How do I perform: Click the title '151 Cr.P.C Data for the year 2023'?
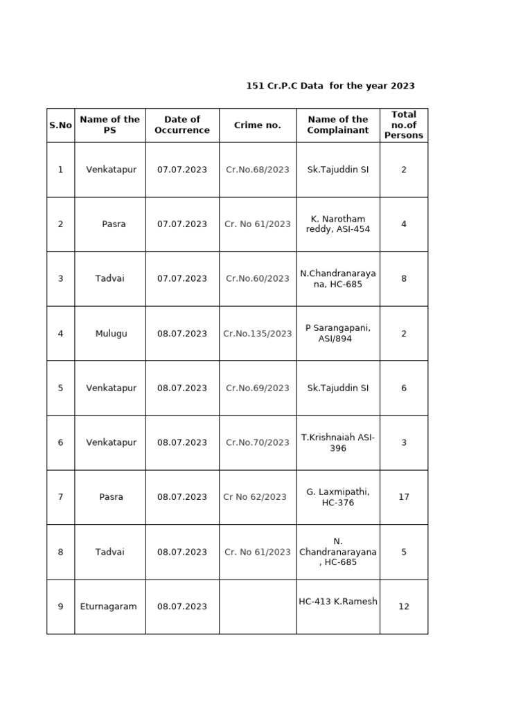[330, 86]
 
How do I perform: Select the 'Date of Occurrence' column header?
[182, 125]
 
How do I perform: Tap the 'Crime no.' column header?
[258, 125]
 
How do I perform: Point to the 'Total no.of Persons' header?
[404, 125]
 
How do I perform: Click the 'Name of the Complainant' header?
[338, 125]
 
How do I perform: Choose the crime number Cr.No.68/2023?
[258, 170]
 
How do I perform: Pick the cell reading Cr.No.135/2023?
[258, 334]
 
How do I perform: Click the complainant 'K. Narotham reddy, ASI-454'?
[338, 224]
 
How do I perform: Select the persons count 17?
[404, 497]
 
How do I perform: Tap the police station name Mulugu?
[110, 334]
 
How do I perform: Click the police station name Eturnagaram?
[110, 607]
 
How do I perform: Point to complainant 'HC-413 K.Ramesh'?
[338, 602]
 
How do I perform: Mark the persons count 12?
[404, 607]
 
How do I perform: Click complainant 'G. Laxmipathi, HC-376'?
[338, 497]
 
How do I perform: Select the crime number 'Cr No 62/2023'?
[255, 497]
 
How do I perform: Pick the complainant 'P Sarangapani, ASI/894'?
[338, 333]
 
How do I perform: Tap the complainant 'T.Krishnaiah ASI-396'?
[338, 442]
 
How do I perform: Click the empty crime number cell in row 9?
[258, 607]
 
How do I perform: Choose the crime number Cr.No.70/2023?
[258, 442]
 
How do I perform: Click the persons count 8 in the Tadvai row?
[404, 279]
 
